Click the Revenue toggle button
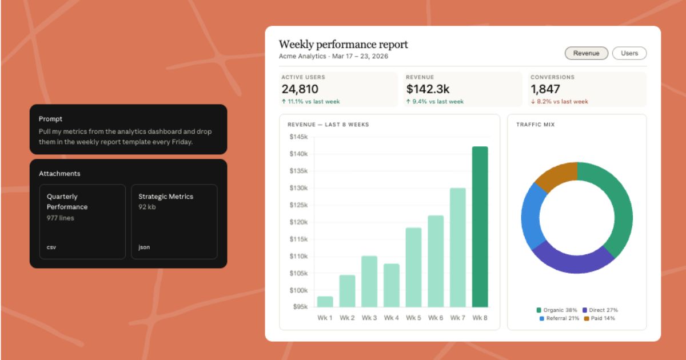(x=586, y=53)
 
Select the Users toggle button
(x=629, y=53)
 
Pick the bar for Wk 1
(x=325, y=302)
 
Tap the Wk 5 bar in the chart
(x=413, y=267)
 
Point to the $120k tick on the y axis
(x=298, y=222)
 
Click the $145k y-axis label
(x=298, y=137)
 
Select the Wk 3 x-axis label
(x=369, y=318)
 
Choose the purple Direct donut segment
(x=572, y=260)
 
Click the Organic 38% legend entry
(x=557, y=310)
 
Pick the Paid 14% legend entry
(x=600, y=318)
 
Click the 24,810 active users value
(x=300, y=89)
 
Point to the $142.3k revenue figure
(x=428, y=89)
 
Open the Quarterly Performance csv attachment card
(x=82, y=221)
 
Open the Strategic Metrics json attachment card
(x=174, y=221)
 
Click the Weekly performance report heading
(x=343, y=45)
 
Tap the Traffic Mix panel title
(x=535, y=125)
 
